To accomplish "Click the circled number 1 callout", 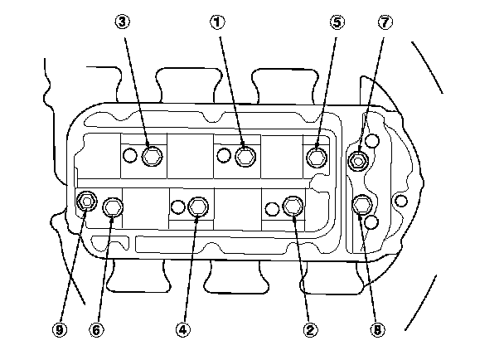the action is (218, 22).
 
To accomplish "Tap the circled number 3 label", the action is (123, 22).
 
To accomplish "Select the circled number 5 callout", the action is (337, 22).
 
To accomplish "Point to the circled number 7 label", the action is (385, 22).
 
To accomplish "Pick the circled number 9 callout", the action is (60, 330).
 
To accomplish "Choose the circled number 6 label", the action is (96, 330).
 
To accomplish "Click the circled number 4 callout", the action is (183, 330).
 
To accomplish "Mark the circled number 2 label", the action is (310, 330).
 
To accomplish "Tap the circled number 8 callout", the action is (377, 330).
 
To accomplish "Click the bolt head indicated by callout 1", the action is (245, 157).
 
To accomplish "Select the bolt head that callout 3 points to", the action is (152, 156).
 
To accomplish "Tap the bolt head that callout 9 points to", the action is (87, 202).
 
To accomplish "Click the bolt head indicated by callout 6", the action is (113, 207).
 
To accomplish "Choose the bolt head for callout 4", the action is (198, 207).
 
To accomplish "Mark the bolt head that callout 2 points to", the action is (293, 206).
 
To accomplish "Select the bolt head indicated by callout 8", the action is (362, 205).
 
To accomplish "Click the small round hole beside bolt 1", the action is (224, 155).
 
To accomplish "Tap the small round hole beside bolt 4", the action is (177, 207).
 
